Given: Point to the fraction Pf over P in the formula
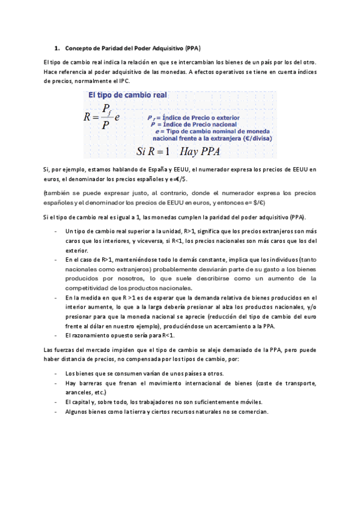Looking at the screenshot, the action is point(106,117).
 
